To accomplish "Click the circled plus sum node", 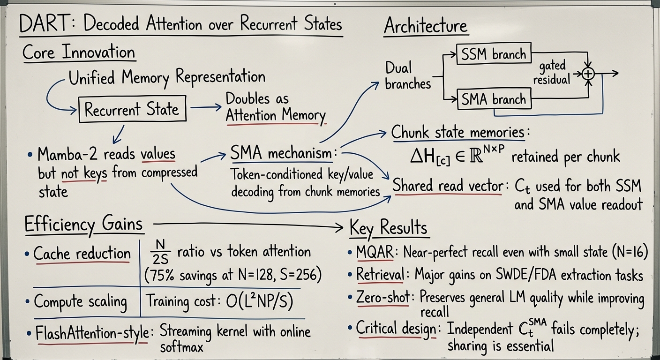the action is point(588,74).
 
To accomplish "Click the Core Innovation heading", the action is point(79,52).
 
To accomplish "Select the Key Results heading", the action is point(388,228).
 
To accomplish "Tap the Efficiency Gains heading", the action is point(84,225).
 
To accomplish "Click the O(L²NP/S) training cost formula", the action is point(260,301).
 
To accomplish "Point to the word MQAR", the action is point(375,252).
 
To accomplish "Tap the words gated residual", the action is point(552,73).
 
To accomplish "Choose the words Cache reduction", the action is point(82,253).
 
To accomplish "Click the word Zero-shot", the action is point(383,297).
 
